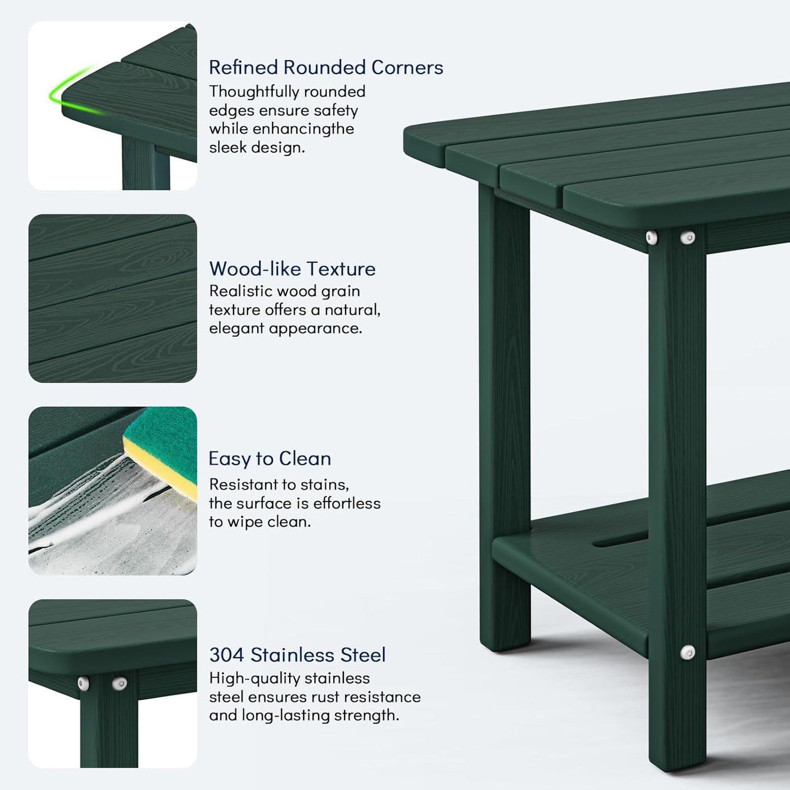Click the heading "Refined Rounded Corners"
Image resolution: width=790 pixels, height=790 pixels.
pyautogui.click(x=326, y=67)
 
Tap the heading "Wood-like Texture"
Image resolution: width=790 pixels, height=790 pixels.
pyautogui.click(x=292, y=268)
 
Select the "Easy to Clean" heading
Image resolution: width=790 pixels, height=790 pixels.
pyautogui.click(x=270, y=458)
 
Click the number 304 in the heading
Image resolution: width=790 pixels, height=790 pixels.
pyautogui.click(x=226, y=654)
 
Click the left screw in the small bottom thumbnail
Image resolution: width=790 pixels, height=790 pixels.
pyautogui.click(x=83, y=683)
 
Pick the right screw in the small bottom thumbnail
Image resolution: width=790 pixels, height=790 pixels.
pyautogui.click(x=119, y=683)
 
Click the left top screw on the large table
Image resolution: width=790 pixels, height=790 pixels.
pyautogui.click(x=652, y=237)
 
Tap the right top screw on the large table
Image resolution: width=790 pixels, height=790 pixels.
pyautogui.click(x=688, y=237)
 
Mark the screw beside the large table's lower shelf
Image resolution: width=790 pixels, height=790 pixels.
pyautogui.click(x=688, y=652)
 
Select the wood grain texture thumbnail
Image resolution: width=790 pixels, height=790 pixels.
pyautogui.click(x=113, y=299)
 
